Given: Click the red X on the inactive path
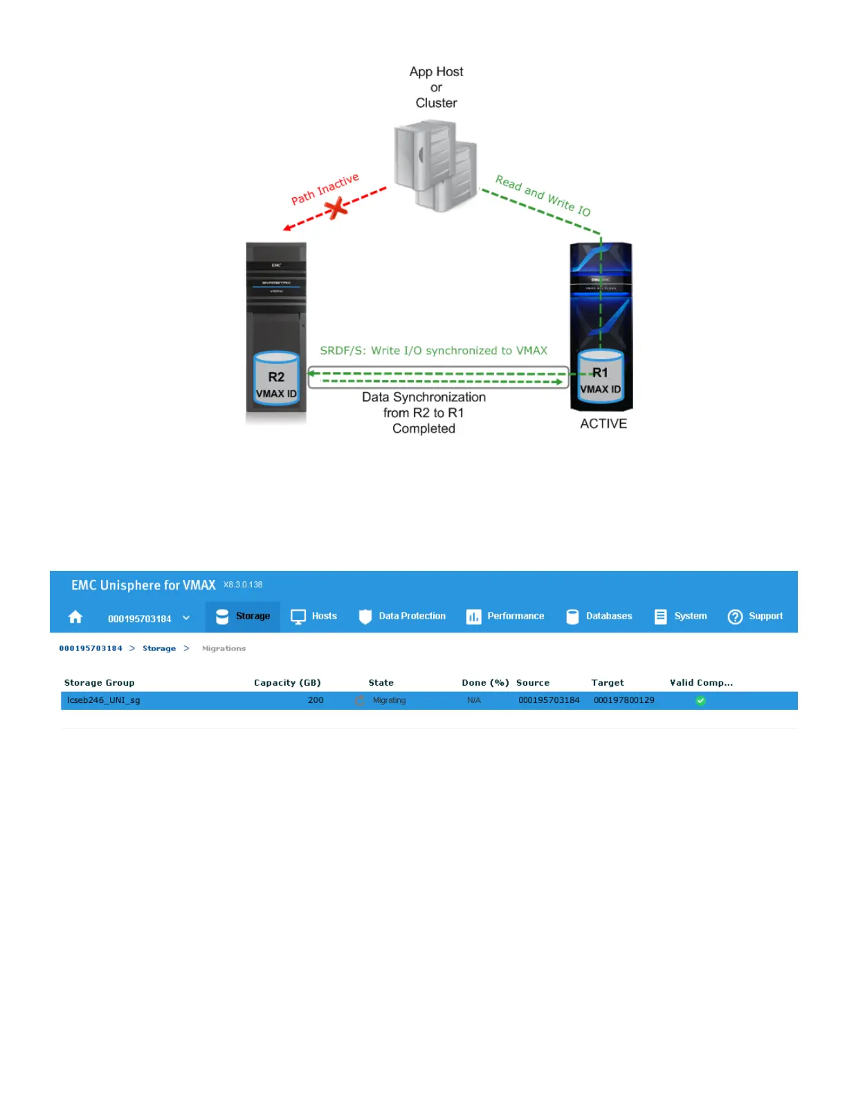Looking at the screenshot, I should [x=337, y=208].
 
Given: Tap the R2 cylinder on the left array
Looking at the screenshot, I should [x=276, y=378].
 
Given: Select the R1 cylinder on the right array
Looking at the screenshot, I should [x=601, y=375].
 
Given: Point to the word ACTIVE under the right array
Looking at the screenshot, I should [x=603, y=423].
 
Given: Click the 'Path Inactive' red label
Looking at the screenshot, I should [x=325, y=189].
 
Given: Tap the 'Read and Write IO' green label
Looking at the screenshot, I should [x=543, y=196].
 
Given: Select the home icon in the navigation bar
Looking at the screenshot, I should [x=75, y=616].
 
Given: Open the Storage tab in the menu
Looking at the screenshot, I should [x=243, y=616].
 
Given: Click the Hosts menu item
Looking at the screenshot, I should [x=314, y=616].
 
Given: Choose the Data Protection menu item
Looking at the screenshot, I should [x=402, y=616].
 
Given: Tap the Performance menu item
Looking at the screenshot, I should [x=505, y=616].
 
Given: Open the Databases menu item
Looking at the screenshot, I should [x=599, y=616].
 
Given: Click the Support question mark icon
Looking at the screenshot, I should [x=735, y=616].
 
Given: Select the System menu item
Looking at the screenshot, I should [x=681, y=616].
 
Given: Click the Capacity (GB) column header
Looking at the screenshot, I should [x=287, y=682].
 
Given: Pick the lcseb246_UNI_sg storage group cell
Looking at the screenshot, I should [x=104, y=700].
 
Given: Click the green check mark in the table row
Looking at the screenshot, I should [x=700, y=701].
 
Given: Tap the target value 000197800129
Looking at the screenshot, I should [x=623, y=700].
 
